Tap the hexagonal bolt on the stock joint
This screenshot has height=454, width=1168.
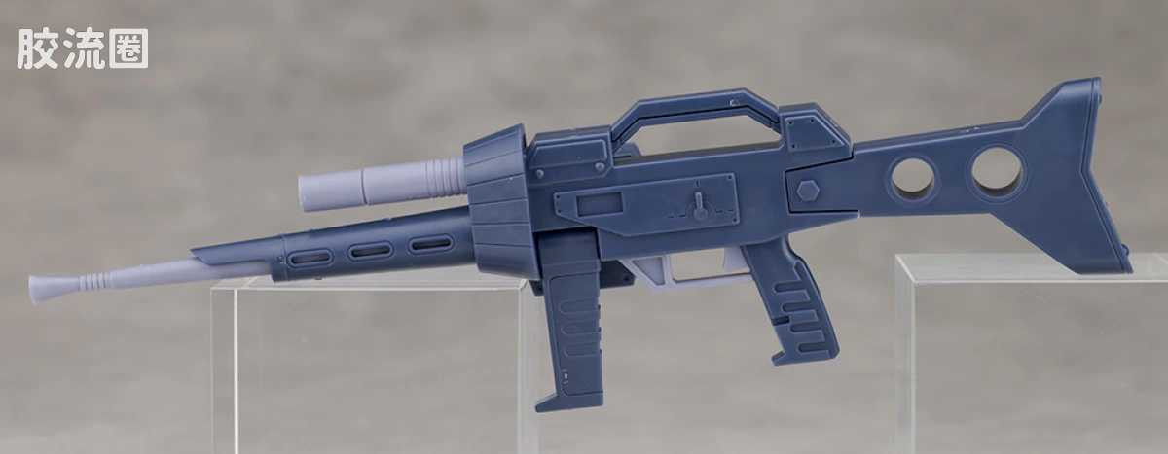(x=808, y=192)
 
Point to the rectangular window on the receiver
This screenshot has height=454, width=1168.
(x=600, y=203)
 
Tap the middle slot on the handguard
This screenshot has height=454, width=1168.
(x=369, y=251)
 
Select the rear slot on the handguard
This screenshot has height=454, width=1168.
(x=430, y=243)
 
